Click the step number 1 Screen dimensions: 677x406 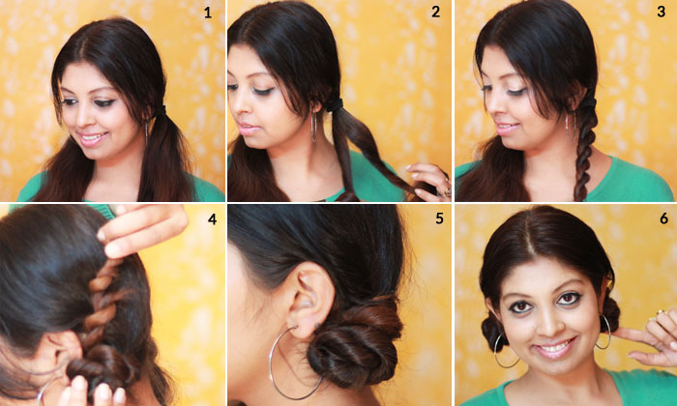tap(208, 13)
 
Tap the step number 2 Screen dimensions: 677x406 tap(436, 12)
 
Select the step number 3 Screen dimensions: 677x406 tap(661, 12)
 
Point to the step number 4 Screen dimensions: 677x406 tap(212, 219)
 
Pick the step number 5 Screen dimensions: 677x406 tap(439, 218)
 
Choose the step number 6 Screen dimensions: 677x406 tap(664, 218)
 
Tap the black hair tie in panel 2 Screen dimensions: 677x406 tap(335, 104)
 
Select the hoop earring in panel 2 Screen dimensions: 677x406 tap(313, 127)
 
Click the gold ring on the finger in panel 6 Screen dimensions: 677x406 tap(661, 313)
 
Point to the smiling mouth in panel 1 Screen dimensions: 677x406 tap(93, 138)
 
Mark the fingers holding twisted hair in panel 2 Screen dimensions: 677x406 tap(427, 181)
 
